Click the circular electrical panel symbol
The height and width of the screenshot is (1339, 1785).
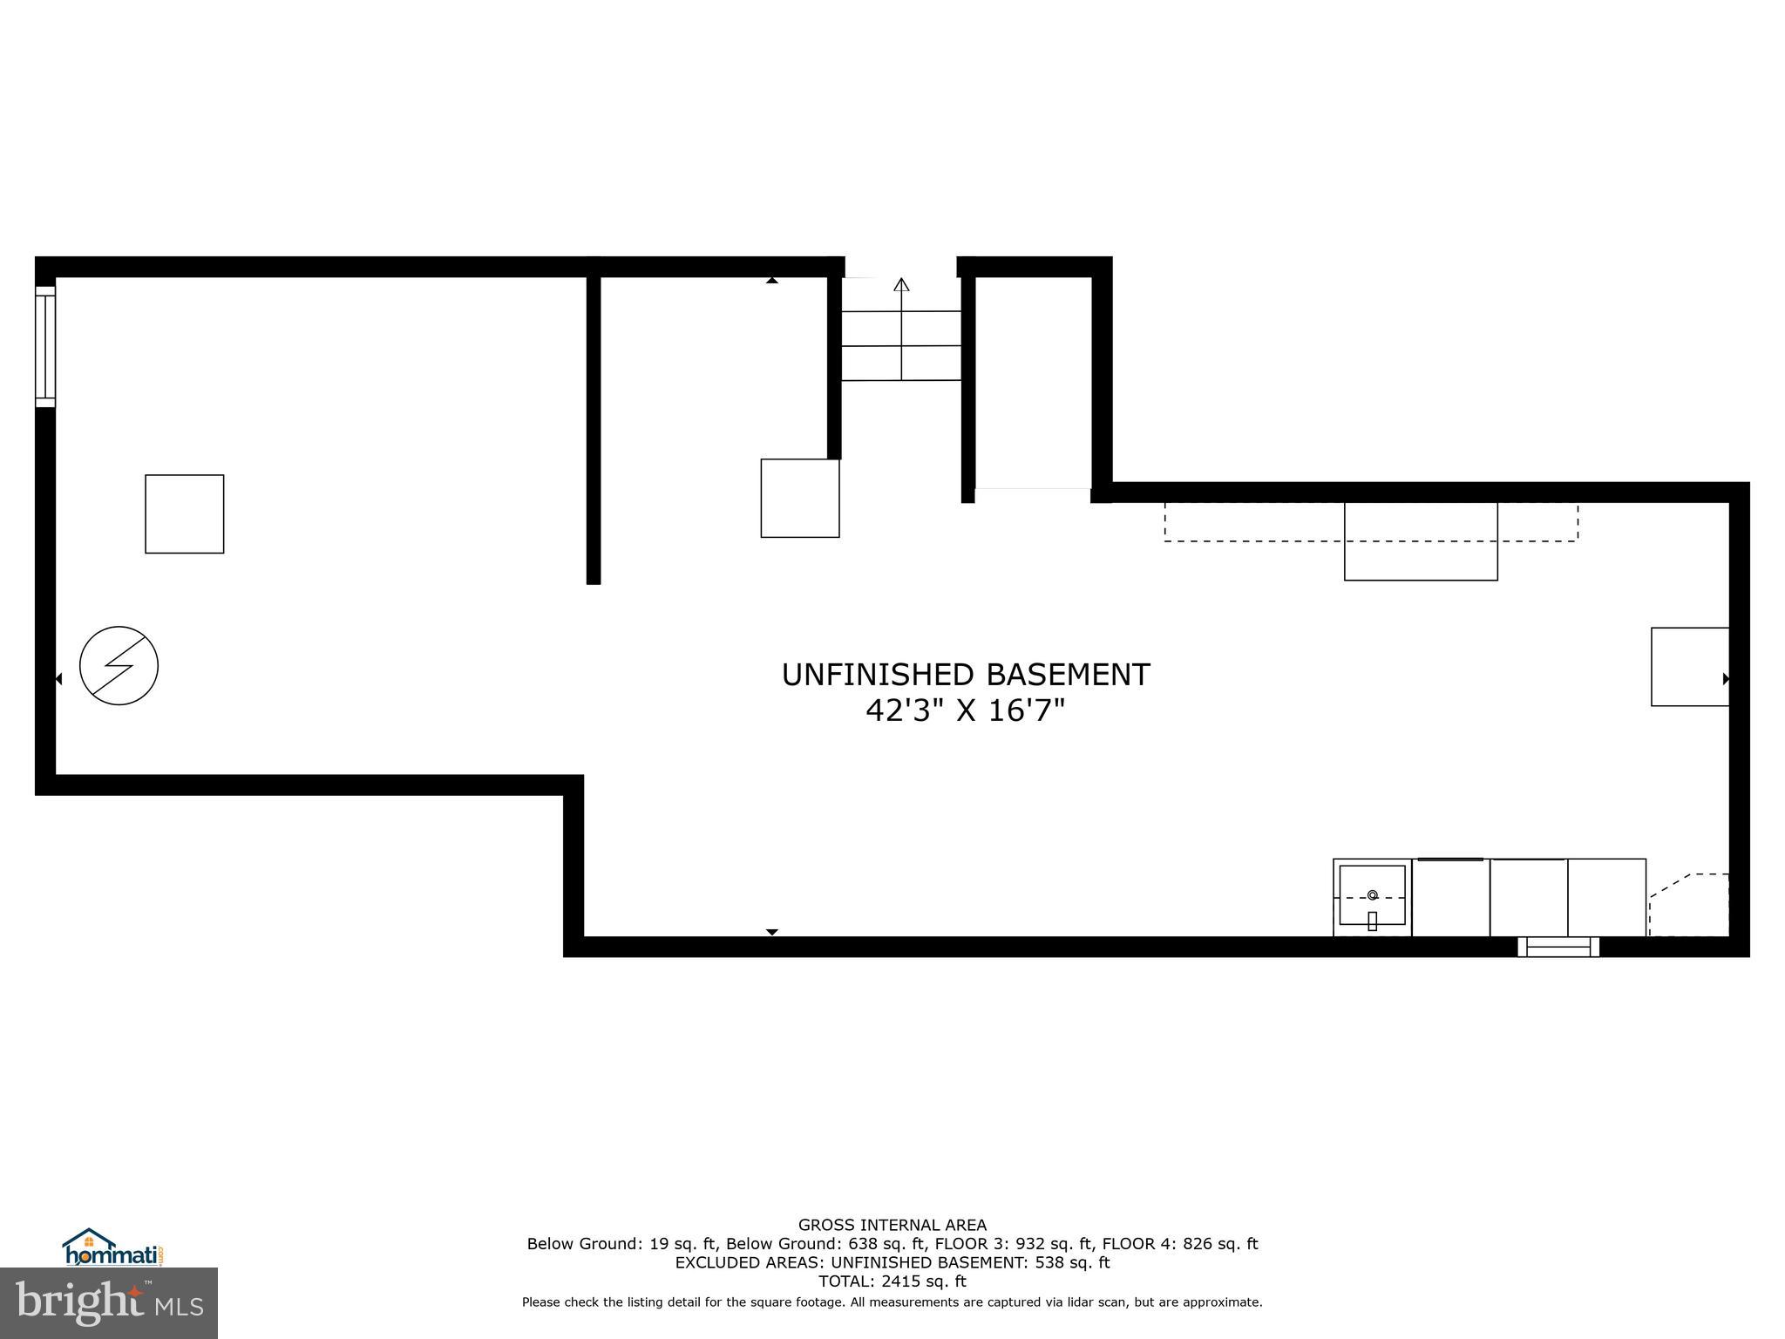click(x=119, y=665)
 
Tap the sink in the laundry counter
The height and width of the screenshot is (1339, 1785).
click(x=1372, y=895)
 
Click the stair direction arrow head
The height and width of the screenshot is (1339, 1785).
click(x=901, y=284)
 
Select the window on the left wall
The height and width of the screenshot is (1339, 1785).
click(x=45, y=346)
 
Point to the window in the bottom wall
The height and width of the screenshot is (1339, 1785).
click(x=1558, y=947)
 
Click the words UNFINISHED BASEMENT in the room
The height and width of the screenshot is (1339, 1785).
click(x=965, y=675)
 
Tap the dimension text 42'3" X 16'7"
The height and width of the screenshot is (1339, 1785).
click(x=965, y=711)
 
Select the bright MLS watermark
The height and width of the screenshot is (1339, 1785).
click(x=109, y=1302)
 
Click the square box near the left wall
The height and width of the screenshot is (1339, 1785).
click(x=184, y=513)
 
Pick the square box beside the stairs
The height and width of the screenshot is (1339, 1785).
click(x=799, y=498)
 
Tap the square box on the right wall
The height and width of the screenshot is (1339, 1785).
click(x=1689, y=666)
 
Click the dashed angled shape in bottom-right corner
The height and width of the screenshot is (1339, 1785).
click(x=1689, y=907)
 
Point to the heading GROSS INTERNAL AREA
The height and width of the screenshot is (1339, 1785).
click(x=892, y=1225)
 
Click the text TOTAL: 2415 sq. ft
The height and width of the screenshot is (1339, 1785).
click(x=892, y=1281)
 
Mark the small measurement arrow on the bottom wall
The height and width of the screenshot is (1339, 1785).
click(x=771, y=932)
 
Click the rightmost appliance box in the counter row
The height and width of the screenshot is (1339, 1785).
click(x=1606, y=897)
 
